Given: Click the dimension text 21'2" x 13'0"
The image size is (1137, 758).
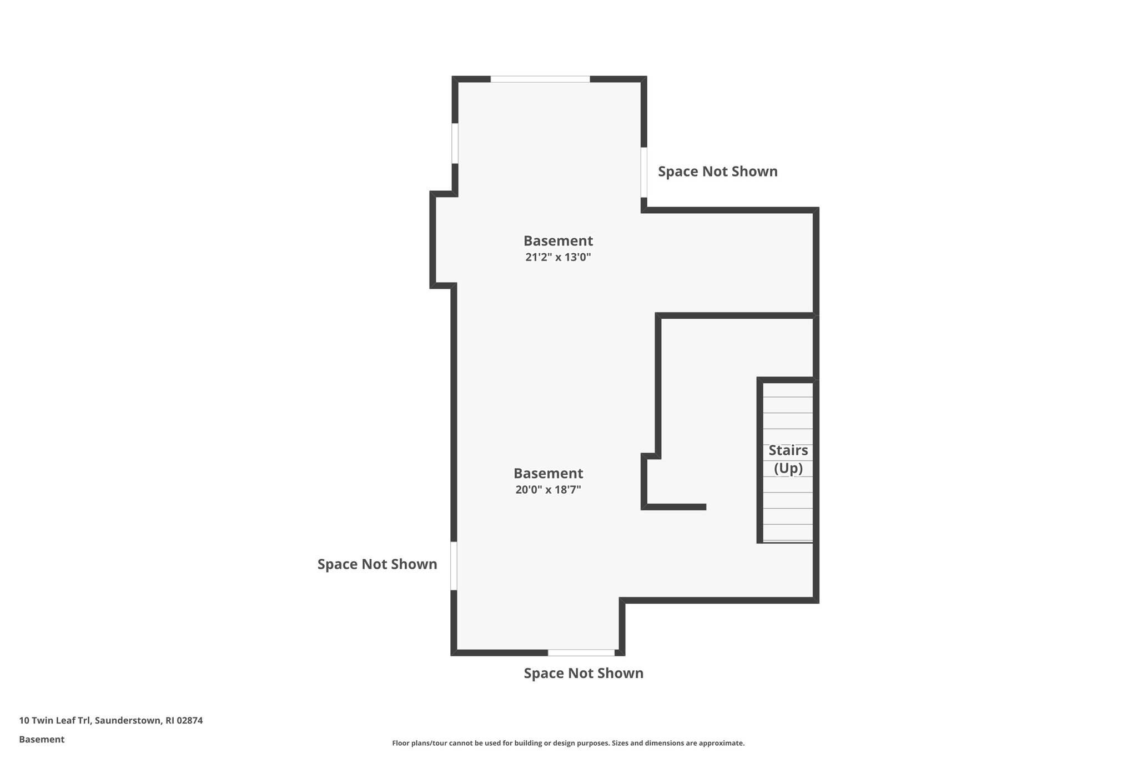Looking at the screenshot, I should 558,257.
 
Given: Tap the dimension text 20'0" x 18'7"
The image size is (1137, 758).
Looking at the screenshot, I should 548,490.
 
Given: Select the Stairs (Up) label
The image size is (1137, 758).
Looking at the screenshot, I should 788,459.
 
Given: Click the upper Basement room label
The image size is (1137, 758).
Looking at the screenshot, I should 558,241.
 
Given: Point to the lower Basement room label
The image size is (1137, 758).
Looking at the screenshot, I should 548,474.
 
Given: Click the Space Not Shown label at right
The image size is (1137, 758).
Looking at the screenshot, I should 717,172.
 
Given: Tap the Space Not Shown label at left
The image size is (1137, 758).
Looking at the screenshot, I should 377,564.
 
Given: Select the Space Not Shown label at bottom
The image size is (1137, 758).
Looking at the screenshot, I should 583,673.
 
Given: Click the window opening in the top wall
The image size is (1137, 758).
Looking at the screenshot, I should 540,79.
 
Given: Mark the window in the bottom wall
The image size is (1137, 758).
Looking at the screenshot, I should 581,652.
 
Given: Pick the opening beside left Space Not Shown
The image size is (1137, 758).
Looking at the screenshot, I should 454,565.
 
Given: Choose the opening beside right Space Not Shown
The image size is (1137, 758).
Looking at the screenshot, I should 644,172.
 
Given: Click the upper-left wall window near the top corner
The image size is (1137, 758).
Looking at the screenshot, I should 455,143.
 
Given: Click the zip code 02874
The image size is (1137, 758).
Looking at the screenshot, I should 189,721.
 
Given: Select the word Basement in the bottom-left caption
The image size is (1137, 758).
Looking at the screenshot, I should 42,740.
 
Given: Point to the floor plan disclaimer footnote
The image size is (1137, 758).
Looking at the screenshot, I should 568,743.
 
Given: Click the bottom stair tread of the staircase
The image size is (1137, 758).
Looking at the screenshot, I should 788,533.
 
